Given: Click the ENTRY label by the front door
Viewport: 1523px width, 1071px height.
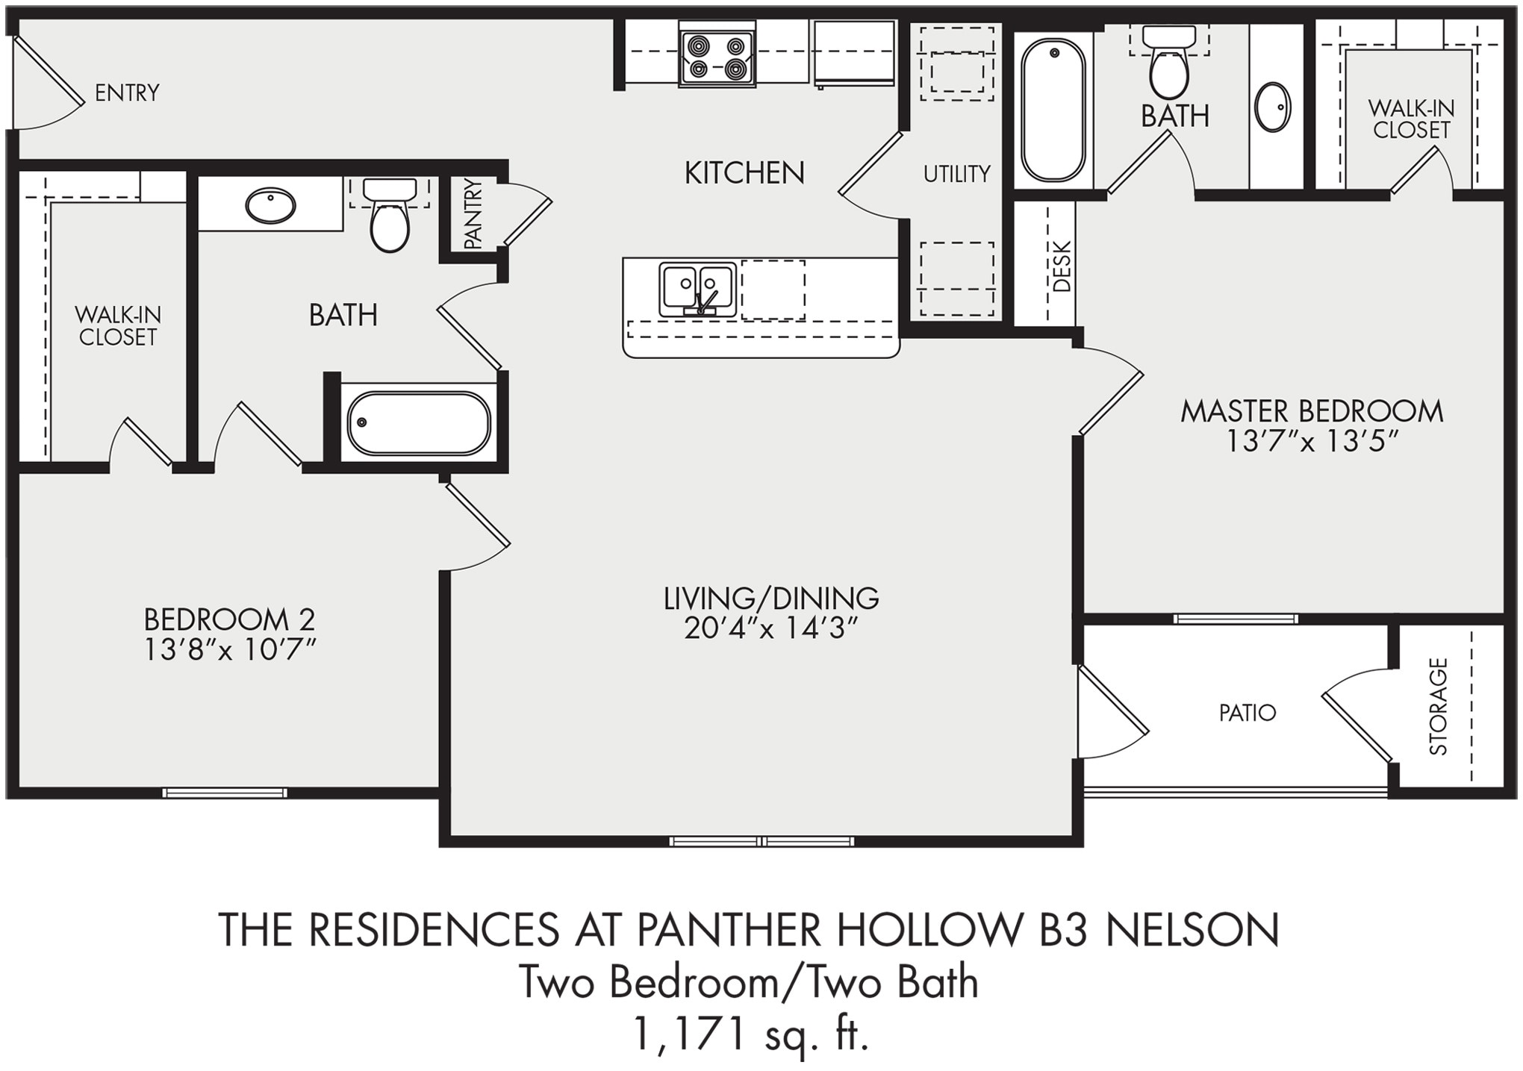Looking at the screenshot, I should pos(127,93).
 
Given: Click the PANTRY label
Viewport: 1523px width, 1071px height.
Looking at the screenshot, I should pos(473,214).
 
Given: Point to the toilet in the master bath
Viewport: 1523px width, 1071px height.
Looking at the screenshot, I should pos(1169,67).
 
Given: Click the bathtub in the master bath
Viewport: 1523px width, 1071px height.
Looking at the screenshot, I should pos(1053,110).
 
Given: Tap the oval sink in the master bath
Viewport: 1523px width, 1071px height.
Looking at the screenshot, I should pos(1273,107).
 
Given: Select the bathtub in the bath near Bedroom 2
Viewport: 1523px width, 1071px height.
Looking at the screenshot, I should pos(419,423).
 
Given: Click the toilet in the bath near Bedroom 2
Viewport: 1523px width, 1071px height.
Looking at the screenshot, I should pos(390,216).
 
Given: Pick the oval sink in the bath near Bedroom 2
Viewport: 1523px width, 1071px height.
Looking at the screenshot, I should pos(270,205).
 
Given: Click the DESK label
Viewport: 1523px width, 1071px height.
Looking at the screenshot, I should pos(1062,266).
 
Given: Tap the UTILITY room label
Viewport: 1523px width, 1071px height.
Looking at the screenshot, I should pos(956,174).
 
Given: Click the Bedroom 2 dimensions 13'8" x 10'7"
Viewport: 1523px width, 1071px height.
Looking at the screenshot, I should pos(230,651).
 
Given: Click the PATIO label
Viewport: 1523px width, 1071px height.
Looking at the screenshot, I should pos(1247,713).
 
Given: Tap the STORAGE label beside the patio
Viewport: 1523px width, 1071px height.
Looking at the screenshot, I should pos(1438,706).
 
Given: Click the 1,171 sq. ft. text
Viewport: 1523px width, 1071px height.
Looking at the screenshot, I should pos(750,1034).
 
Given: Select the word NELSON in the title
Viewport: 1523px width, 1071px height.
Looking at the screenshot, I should pos(1192,931).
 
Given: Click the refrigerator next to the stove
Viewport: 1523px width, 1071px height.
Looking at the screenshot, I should pos(854,52).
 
